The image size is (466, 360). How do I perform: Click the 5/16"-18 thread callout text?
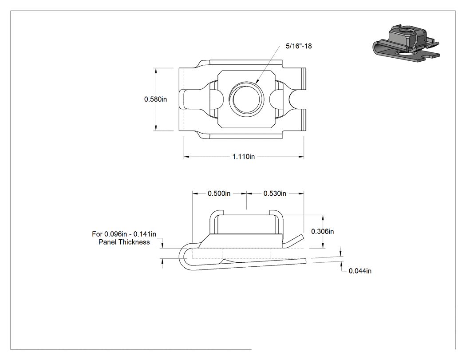[299, 46]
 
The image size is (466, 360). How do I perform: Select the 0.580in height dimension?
[155, 99]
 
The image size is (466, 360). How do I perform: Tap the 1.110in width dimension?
[243, 157]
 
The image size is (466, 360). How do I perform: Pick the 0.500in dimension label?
[219, 194]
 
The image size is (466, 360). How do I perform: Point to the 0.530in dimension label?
[275, 194]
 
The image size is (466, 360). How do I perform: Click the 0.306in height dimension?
[323, 231]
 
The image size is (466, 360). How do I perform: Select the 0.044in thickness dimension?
[360, 271]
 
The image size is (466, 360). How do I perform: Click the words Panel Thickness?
[124, 242]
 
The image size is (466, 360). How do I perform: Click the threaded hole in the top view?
[246, 99]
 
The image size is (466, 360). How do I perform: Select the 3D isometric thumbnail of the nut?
[406, 44]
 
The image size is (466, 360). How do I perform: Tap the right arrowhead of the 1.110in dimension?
[301, 157]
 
